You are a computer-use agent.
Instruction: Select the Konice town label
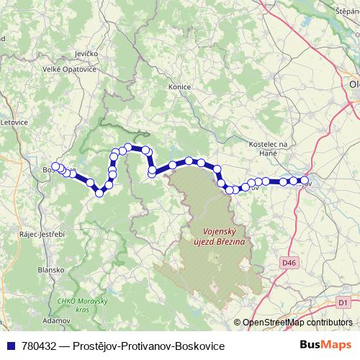pos(179,87)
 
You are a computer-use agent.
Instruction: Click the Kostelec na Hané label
pos(267,148)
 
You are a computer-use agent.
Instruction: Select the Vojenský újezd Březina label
pos(220,237)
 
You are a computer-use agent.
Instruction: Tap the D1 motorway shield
pos(343,301)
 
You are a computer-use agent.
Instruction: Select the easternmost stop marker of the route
pos(305,181)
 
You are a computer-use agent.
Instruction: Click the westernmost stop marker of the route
pos(55,166)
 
